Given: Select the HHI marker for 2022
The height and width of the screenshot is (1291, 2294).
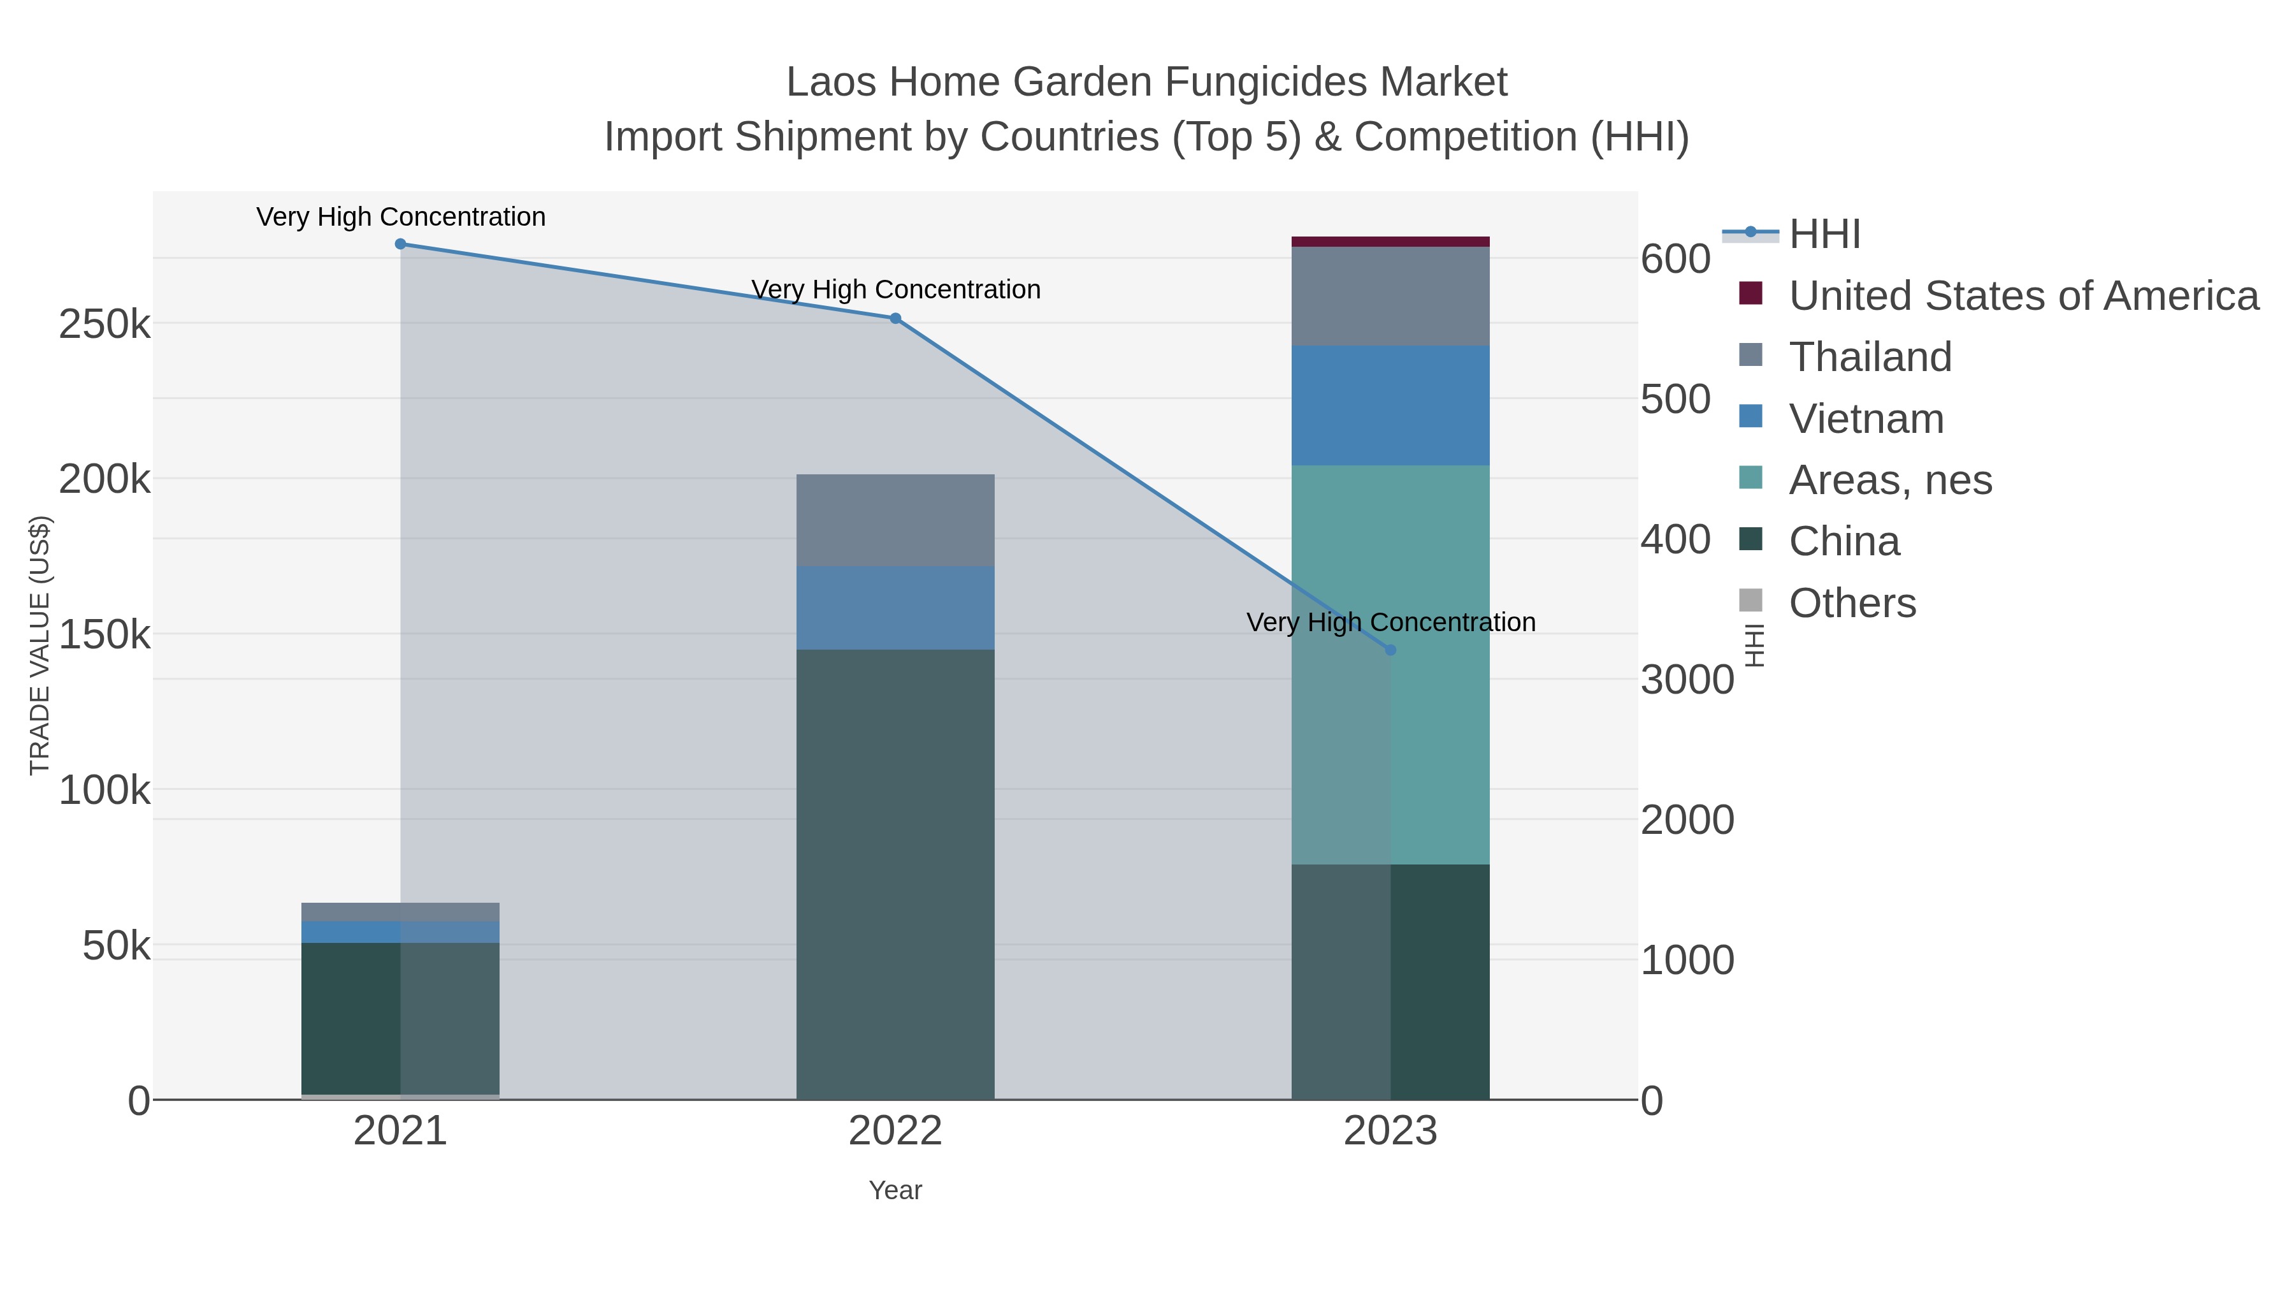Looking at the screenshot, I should click(895, 318).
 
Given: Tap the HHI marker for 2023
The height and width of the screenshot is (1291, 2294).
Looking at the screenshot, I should click(1390, 650).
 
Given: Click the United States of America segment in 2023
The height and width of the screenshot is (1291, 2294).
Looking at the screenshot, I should click(1390, 242).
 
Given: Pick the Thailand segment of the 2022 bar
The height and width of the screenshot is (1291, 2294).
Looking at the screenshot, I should click(895, 520).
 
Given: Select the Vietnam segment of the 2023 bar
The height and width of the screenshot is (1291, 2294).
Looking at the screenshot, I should click(1390, 405).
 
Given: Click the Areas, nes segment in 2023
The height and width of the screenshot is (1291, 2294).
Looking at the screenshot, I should click(1390, 664).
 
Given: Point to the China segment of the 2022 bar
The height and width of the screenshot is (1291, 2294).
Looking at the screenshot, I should click(895, 873).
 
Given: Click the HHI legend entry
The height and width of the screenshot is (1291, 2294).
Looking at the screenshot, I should click(1824, 235).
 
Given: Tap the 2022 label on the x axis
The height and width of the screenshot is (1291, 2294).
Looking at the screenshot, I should click(895, 1132).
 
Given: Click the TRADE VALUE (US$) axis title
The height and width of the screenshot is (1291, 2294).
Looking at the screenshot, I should click(40, 645).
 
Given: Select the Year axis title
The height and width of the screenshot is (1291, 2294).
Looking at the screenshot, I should click(895, 1190).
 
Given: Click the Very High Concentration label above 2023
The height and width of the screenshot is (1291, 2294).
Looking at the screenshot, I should click(1390, 622).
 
